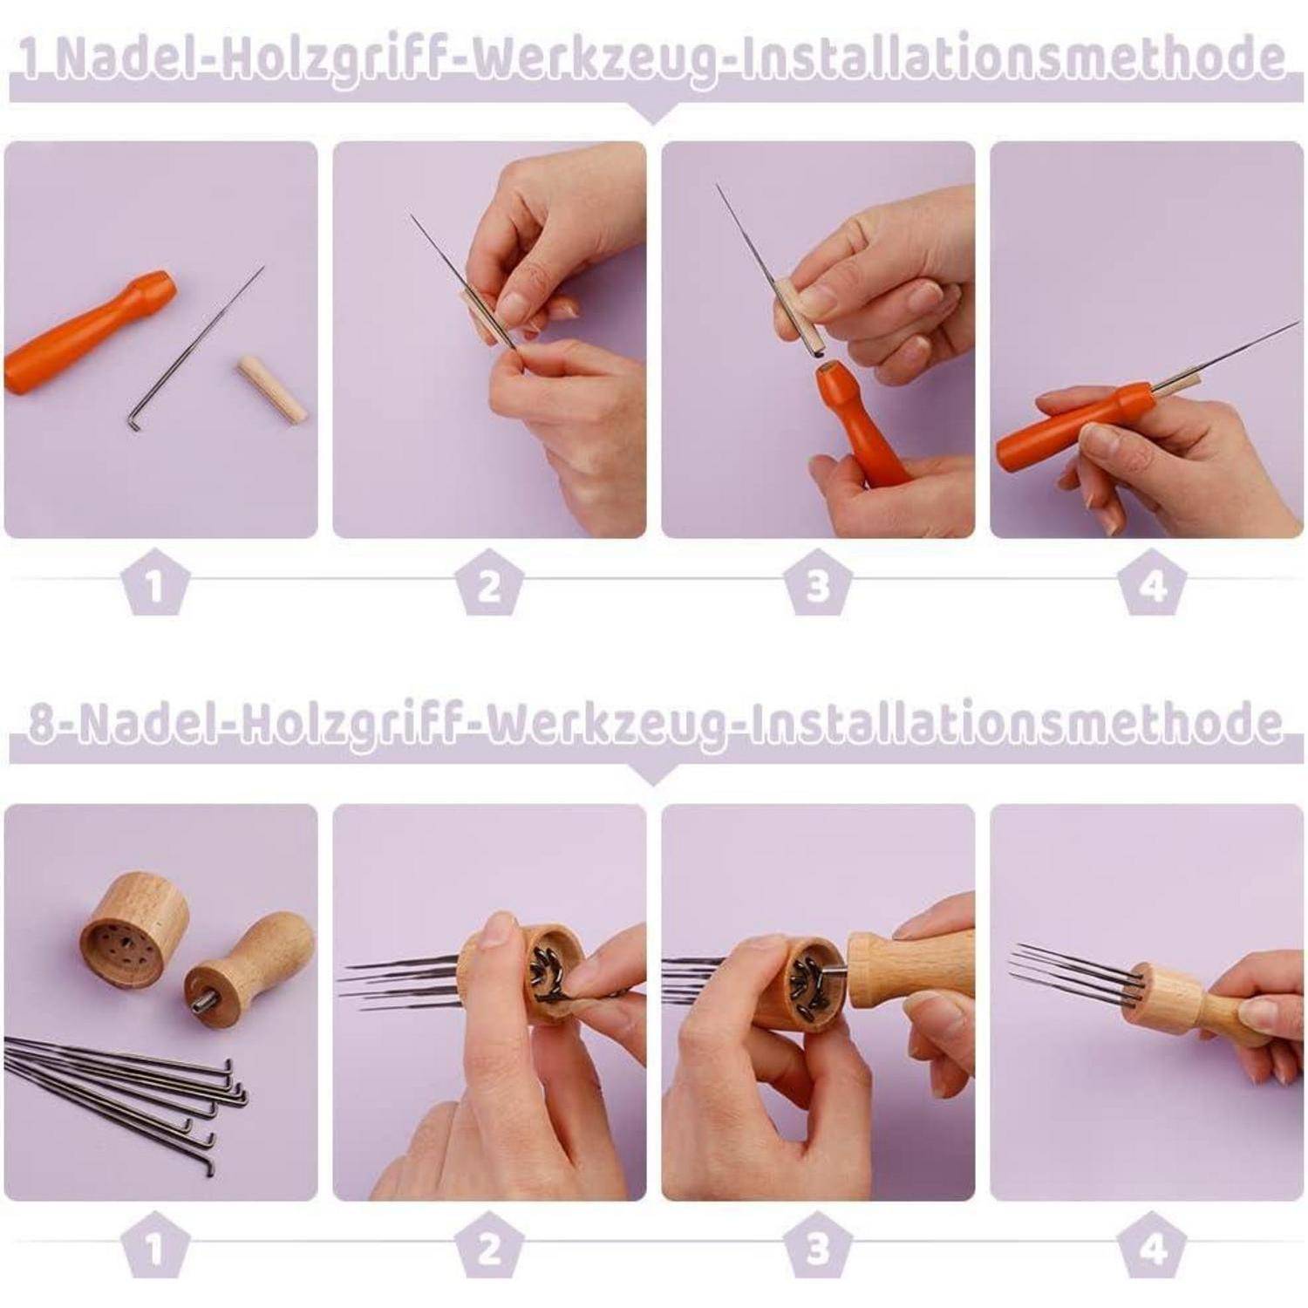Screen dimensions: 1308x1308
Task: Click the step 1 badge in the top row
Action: click(155, 582)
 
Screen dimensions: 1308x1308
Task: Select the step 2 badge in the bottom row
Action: click(489, 1247)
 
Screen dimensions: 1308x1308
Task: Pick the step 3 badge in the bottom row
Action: click(817, 1247)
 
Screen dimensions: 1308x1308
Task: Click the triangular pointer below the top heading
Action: click(652, 112)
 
